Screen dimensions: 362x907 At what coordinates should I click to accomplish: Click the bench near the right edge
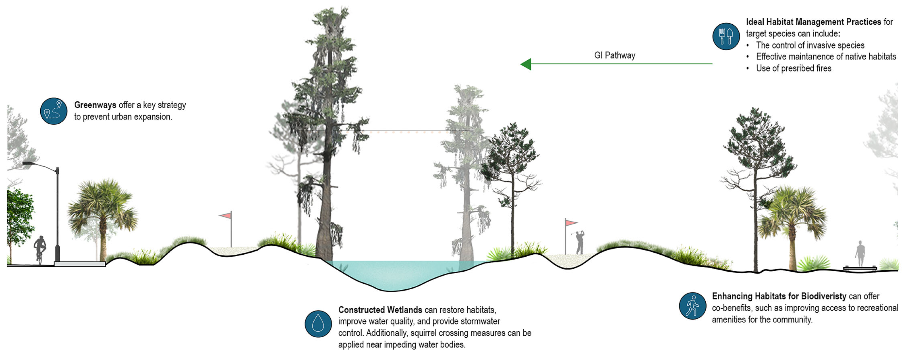click(860, 269)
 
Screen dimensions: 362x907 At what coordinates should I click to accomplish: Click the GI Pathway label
click(615, 55)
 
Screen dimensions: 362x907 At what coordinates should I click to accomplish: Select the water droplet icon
click(318, 324)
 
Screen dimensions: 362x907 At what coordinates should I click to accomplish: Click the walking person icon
click(692, 306)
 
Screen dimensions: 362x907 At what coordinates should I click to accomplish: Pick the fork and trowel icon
click(726, 36)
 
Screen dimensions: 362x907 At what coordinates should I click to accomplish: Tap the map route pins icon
click(53, 111)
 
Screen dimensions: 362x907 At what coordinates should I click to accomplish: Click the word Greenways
click(95, 105)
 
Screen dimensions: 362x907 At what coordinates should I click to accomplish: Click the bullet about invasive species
click(810, 45)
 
